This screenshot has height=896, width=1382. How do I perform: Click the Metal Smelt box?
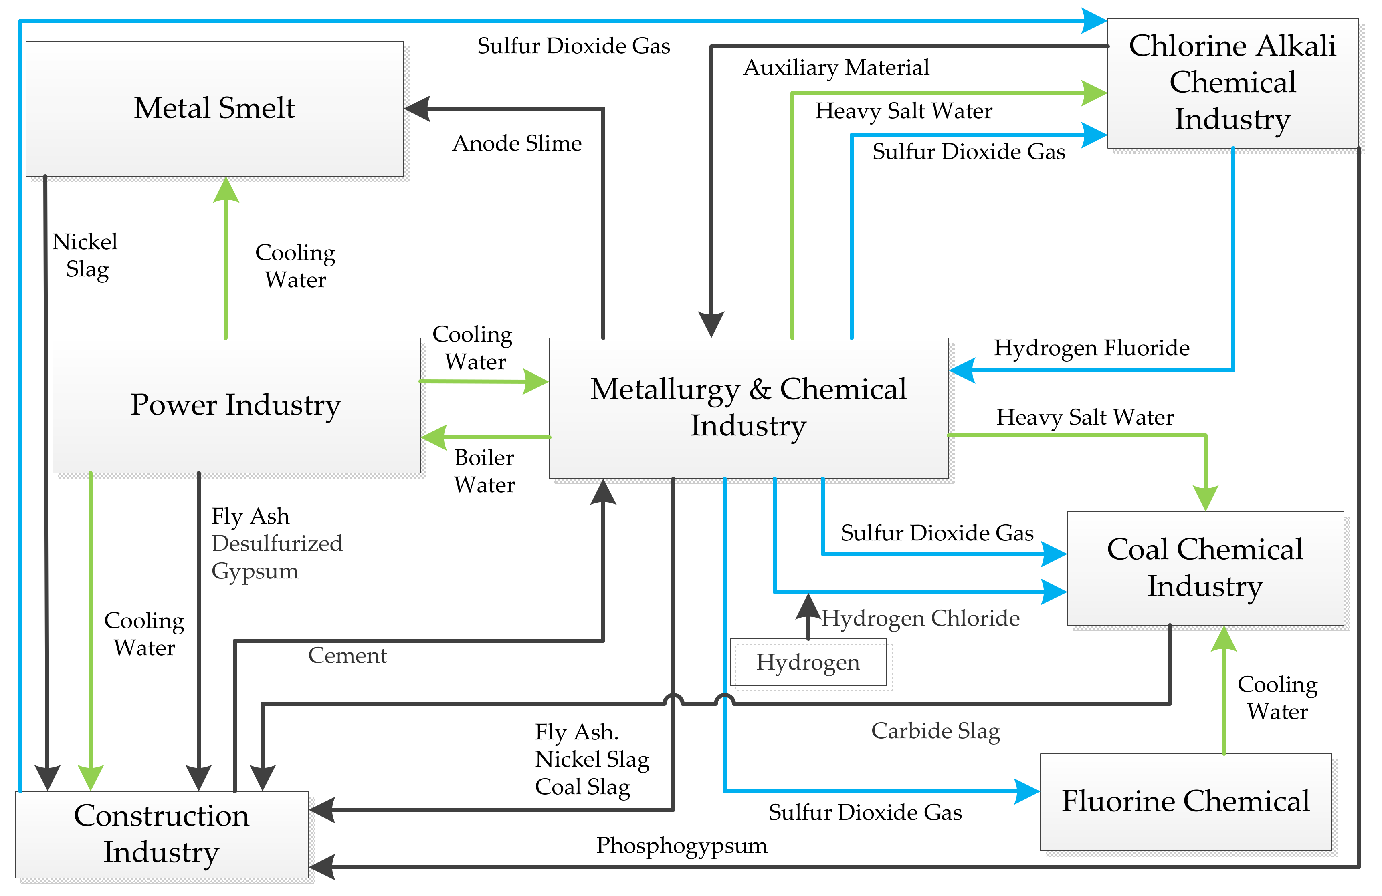pyautogui.click(x=214, y=109)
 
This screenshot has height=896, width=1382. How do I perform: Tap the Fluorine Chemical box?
pyautogui.click(x=1185, y=802)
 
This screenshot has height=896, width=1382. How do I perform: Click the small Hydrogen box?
pyautogui.click(x=808, y=662)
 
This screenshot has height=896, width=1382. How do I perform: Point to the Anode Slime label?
pyautogui.click(x=517, y=143)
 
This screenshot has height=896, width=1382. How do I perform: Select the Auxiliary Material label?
pyautogui.click(x=836, y=68)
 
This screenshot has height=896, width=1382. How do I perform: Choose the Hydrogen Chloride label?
pyautogui.click(x=920, y=618)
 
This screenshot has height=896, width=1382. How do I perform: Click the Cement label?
pyautogui.click(x=347, y=655)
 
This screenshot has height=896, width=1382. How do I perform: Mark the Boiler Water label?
pyautogui.click(x=484, y=471)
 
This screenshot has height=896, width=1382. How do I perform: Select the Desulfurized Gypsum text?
pyautogui.click(x=277, y=557)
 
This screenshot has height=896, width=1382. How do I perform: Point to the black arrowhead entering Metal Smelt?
pyautogui.click(x=417, y=109)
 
